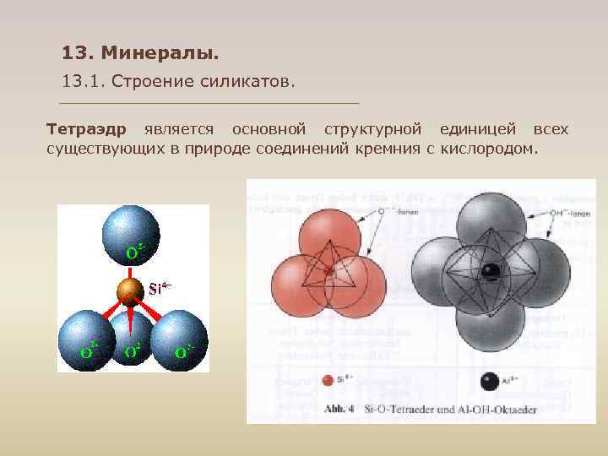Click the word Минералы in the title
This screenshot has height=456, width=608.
click(x=160, y=54)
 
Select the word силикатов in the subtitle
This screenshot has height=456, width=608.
click(x=251, y=82)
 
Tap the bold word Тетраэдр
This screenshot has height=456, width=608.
click(x=86, y=129)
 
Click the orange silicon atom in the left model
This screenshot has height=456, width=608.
click(x=130, y=290)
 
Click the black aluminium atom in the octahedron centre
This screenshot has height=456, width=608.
click(x=491, y=271)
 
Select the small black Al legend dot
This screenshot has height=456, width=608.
click(x=489, y=382)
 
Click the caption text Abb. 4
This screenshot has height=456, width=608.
click(x=338, y=409)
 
